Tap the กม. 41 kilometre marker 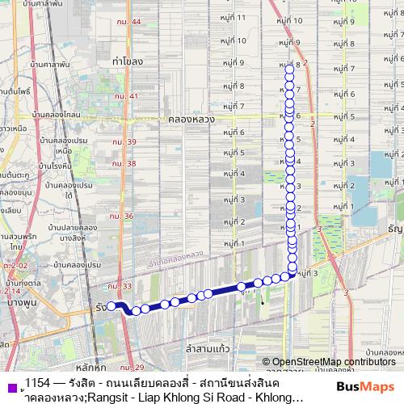(126, 96)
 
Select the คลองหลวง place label (191, 118)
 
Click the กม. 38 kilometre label (125, 163)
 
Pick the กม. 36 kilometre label (123, 217)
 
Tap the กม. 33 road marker (120, 285)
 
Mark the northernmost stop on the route (290, 70)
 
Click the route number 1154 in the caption (36, 381)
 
